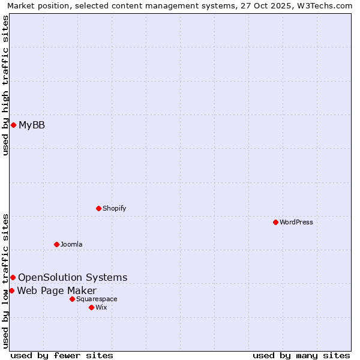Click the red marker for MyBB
click(13, 125)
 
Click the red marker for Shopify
click(98, 208)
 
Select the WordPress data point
click(275, 222)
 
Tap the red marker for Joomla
click(56, 244)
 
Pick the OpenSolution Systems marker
click(13, 277)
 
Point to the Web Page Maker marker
click(11, 290)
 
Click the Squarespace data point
click(72, 299)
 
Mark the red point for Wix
click(91, 307)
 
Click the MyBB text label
click(32, 125)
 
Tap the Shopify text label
click(114, 208)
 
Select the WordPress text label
click(296, 222)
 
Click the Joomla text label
click(71, 244)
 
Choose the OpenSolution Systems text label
click(73, 277)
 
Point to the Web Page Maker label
click(56, 291)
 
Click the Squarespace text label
click(97, 299)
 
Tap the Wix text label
click(101, 307)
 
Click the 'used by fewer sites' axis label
click(62, 355)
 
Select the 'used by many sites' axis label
click(301, 355)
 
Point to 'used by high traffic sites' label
click(5, 85)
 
